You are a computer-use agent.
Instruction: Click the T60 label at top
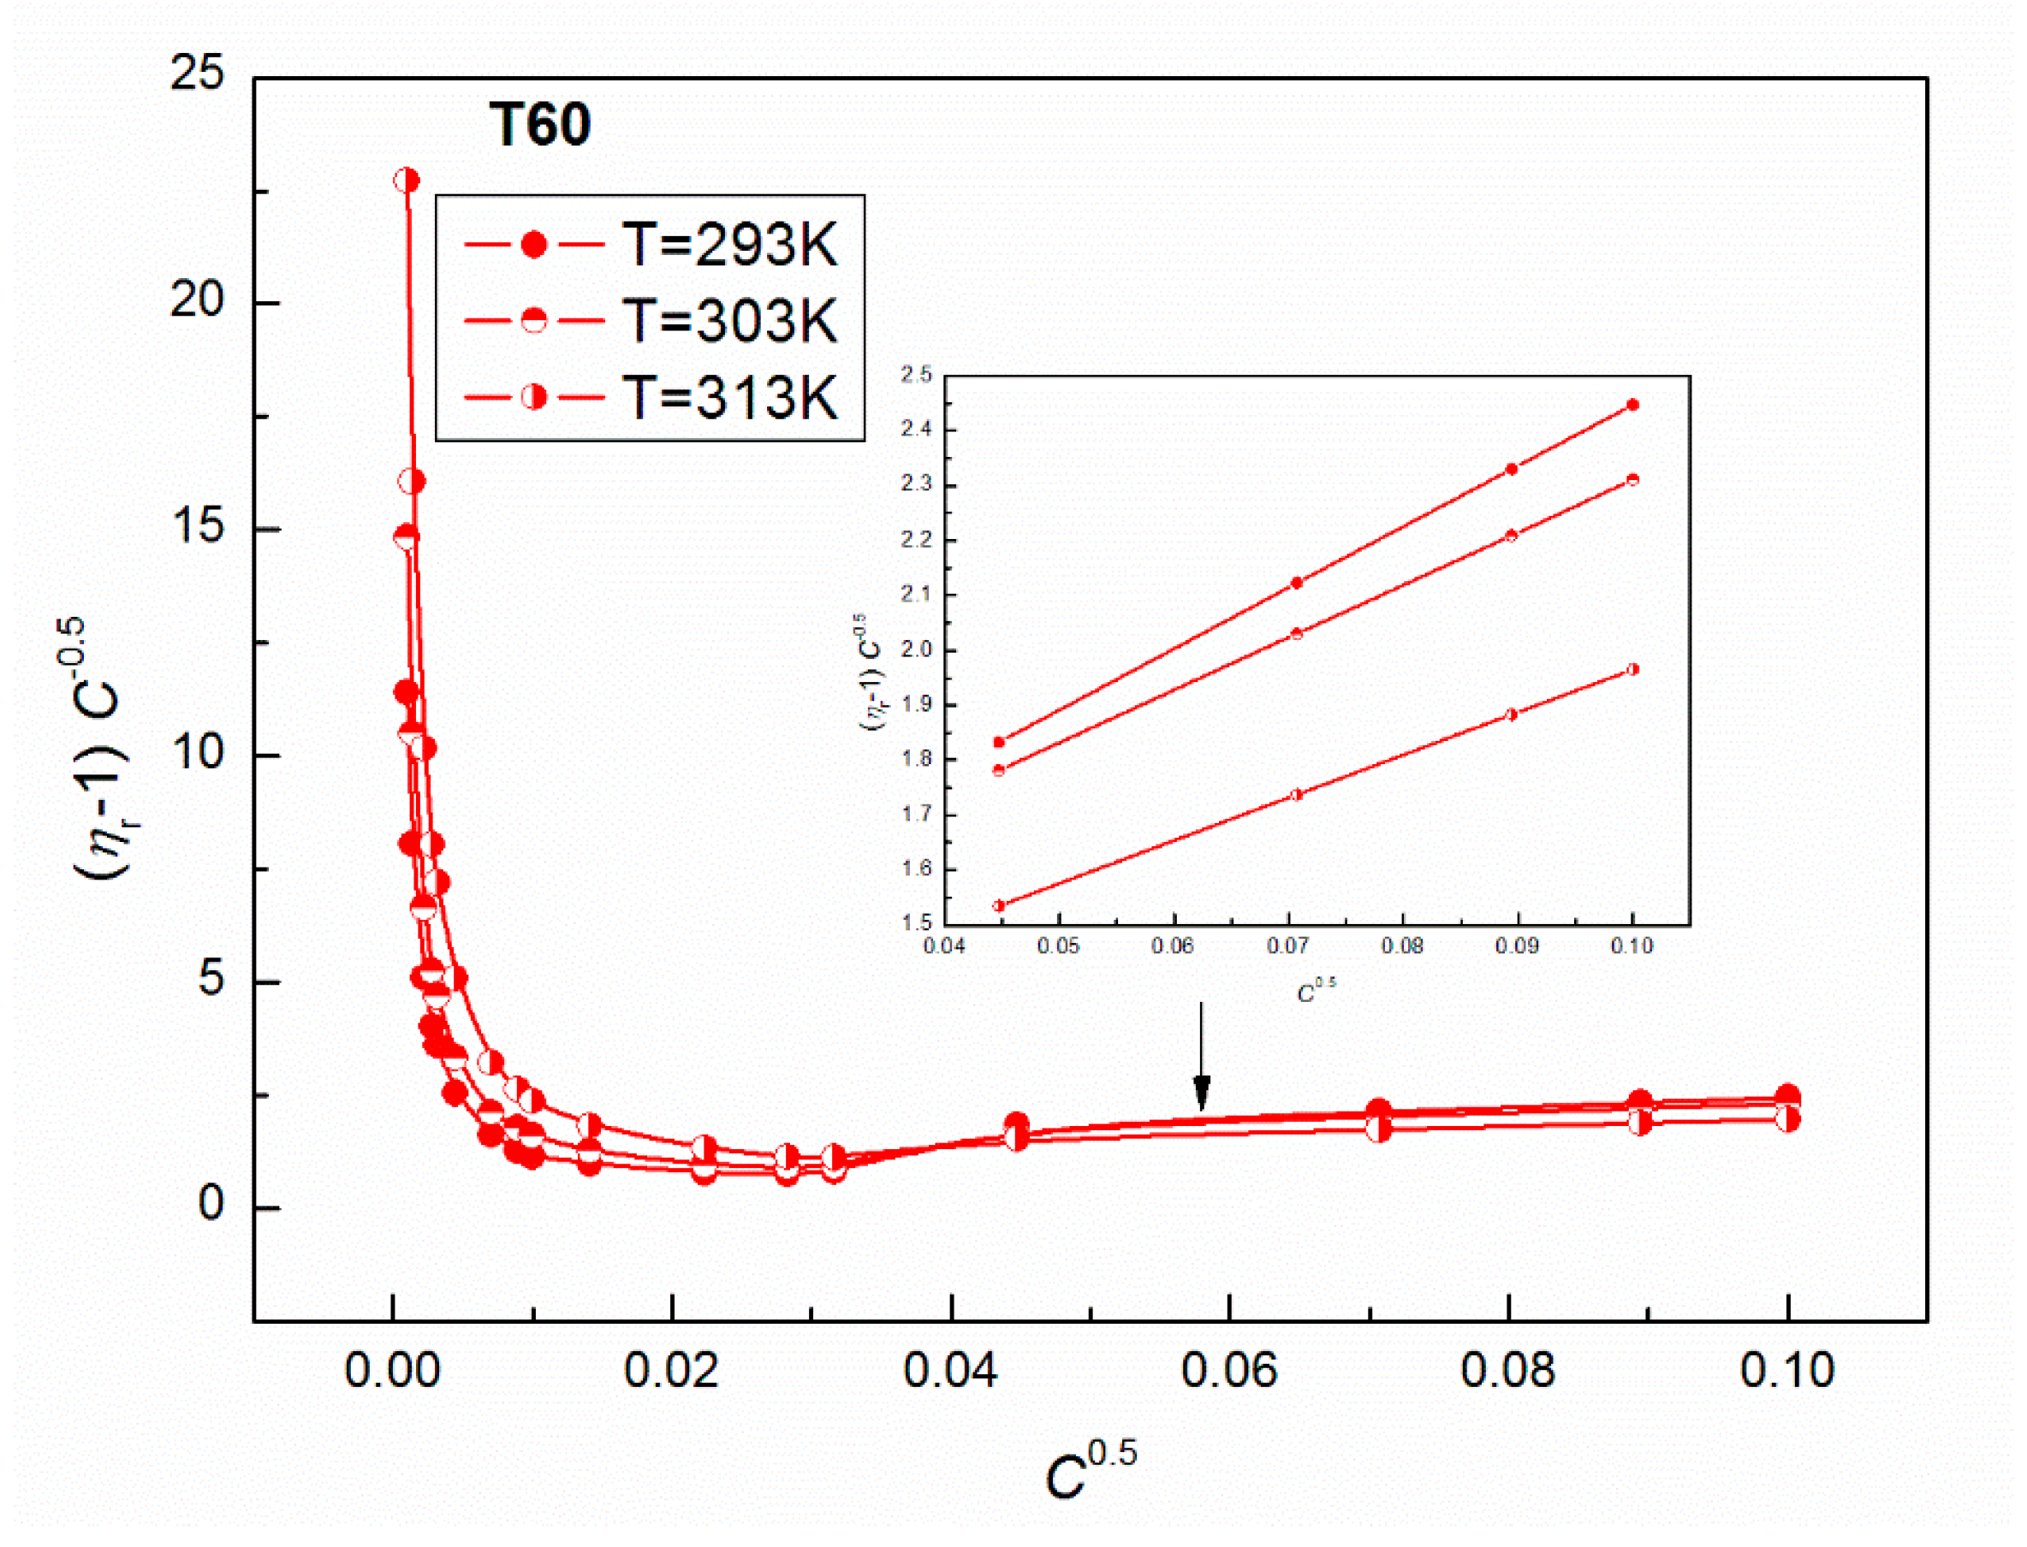539,124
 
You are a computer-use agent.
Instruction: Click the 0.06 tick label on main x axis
1228,1371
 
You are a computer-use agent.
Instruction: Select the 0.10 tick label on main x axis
1786,1371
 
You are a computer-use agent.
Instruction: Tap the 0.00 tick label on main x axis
392,1371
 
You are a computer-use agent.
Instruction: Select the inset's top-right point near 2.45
1633,404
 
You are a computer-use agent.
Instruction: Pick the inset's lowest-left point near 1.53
999,906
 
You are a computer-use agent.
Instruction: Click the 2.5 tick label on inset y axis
916,374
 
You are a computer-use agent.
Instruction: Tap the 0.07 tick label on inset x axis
1287,946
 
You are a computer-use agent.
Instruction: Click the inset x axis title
1316,992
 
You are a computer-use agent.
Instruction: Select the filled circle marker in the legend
534,245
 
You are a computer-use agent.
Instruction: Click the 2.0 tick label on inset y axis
916,649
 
